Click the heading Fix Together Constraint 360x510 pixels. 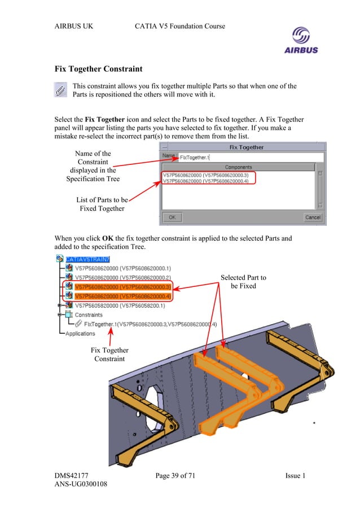click(98, 69)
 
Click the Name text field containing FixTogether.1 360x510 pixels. click(250, 156)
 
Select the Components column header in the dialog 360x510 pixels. click(238, 167)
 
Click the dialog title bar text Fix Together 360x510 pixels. click(246, 147)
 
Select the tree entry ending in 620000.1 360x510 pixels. click(123, 268)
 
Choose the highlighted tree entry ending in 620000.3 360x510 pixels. click(123, 287)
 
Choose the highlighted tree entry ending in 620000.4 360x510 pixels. click(123, 296)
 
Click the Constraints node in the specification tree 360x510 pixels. click(89, 315)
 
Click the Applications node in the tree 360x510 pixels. click(80, 333)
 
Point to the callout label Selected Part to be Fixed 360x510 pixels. click(243, 281)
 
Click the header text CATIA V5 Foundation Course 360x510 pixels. click(180, 26)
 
